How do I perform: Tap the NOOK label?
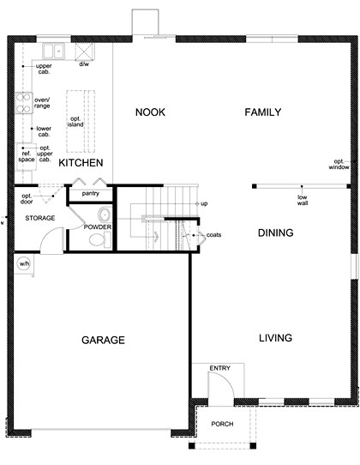pyautogui.click(x=151, y=112)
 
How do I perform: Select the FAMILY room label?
pyautogui.click(x=262, y=112)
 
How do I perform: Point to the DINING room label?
pyautogui.click(x=275, y=232)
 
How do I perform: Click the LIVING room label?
pyautogui.click(x=276, y=337)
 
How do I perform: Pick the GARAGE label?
pyautogui.click(x=103, y=340)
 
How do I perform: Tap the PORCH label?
pyautogui.click(x=222, y=424)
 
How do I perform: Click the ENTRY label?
pyautogui.click(x=220, y=368)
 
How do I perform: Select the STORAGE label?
pyautogui.click(x=39, y=218)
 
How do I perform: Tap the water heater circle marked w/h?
pyautogui.click(x=23, y=264)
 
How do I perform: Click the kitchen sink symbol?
pyautogui.click(x=53, y=51)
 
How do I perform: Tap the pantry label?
pyautogui.click(x=91, y=194)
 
